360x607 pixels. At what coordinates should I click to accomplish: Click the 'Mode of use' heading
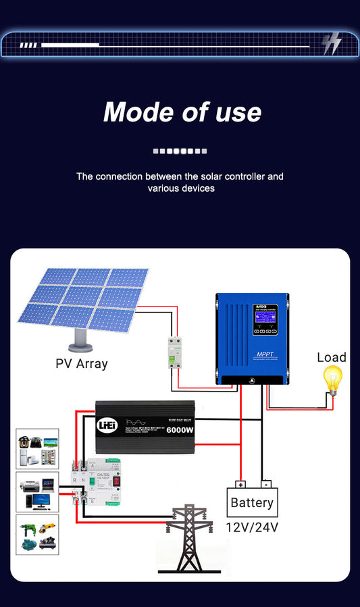pyautogui.click(x=182, y=112)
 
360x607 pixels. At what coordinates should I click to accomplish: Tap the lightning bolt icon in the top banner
pyautogui.click(x=331, y=44)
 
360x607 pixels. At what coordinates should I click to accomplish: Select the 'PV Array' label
pyautogui.click(x=82, y=363)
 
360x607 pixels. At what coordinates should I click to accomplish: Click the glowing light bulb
pyautogui.click(x=332, y=380)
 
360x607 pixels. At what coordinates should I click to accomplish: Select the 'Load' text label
pyautogui.click(x=331, y=358)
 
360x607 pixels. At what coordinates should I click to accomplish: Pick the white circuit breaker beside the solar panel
pyautogui.click(x=176, y=352)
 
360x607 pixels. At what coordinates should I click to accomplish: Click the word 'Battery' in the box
pyautogui.click(x=252, y=503)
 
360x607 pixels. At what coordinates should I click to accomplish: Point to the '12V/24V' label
pyautogui.click(x=252, y=527)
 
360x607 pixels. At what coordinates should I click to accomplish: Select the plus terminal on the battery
pyautogui.click(x=240, y=484)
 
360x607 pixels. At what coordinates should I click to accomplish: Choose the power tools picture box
pyautogui.click(x=37, y=535)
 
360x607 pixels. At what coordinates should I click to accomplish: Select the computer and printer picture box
pyautogui.click(x=37, y=492)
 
